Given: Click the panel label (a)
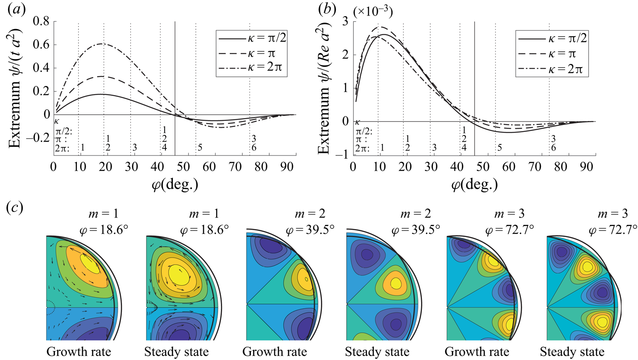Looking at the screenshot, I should coord(16,10).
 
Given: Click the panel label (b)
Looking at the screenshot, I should coord(327,10).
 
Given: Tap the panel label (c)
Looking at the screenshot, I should coord(15,208).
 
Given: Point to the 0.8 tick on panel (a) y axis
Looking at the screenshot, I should coord(41,21).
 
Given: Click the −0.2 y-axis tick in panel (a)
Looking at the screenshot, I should coord(38,138).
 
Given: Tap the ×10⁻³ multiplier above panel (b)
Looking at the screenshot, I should coord(373,12).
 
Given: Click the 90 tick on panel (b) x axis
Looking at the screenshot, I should coord(586,167).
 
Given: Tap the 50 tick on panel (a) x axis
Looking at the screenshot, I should coord(183,167).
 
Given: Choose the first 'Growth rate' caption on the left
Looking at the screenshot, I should coord(78,352).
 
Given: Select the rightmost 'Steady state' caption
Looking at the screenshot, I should coord(572,352).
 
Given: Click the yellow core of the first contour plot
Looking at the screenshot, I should coord(90,265).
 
